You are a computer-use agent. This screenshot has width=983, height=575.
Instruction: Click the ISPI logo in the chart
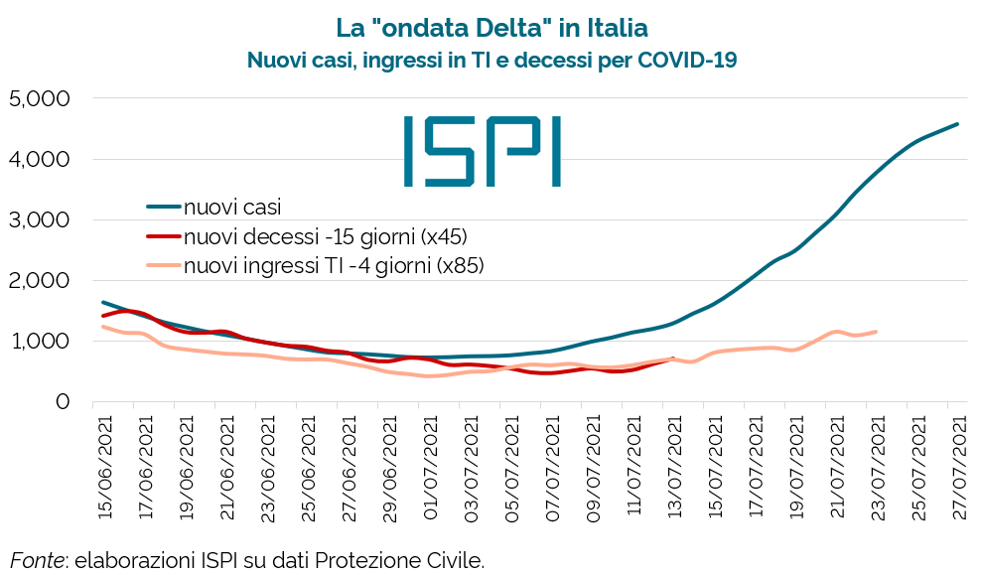pos(483,151)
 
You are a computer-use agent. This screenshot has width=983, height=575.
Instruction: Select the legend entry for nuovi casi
pos(232,208)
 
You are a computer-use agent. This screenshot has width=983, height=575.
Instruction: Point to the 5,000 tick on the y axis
pos(38,98)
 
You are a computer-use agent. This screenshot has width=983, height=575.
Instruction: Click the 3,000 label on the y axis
pos(38,219)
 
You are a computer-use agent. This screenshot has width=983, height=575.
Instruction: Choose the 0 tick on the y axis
pos(62,401)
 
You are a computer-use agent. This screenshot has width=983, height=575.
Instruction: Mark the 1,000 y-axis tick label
pos(38,341)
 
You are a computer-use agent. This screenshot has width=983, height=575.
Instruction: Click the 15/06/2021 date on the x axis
pos(103,466)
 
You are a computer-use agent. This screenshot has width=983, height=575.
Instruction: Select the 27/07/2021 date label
pos(958,466)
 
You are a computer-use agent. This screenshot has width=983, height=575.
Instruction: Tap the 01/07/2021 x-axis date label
pos(429,466)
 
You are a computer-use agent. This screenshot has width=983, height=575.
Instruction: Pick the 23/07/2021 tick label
pos(877,466)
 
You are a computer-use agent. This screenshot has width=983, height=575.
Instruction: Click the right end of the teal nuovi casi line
pos(957,124)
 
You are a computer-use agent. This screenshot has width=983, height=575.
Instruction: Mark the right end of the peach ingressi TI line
pos(876,332)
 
